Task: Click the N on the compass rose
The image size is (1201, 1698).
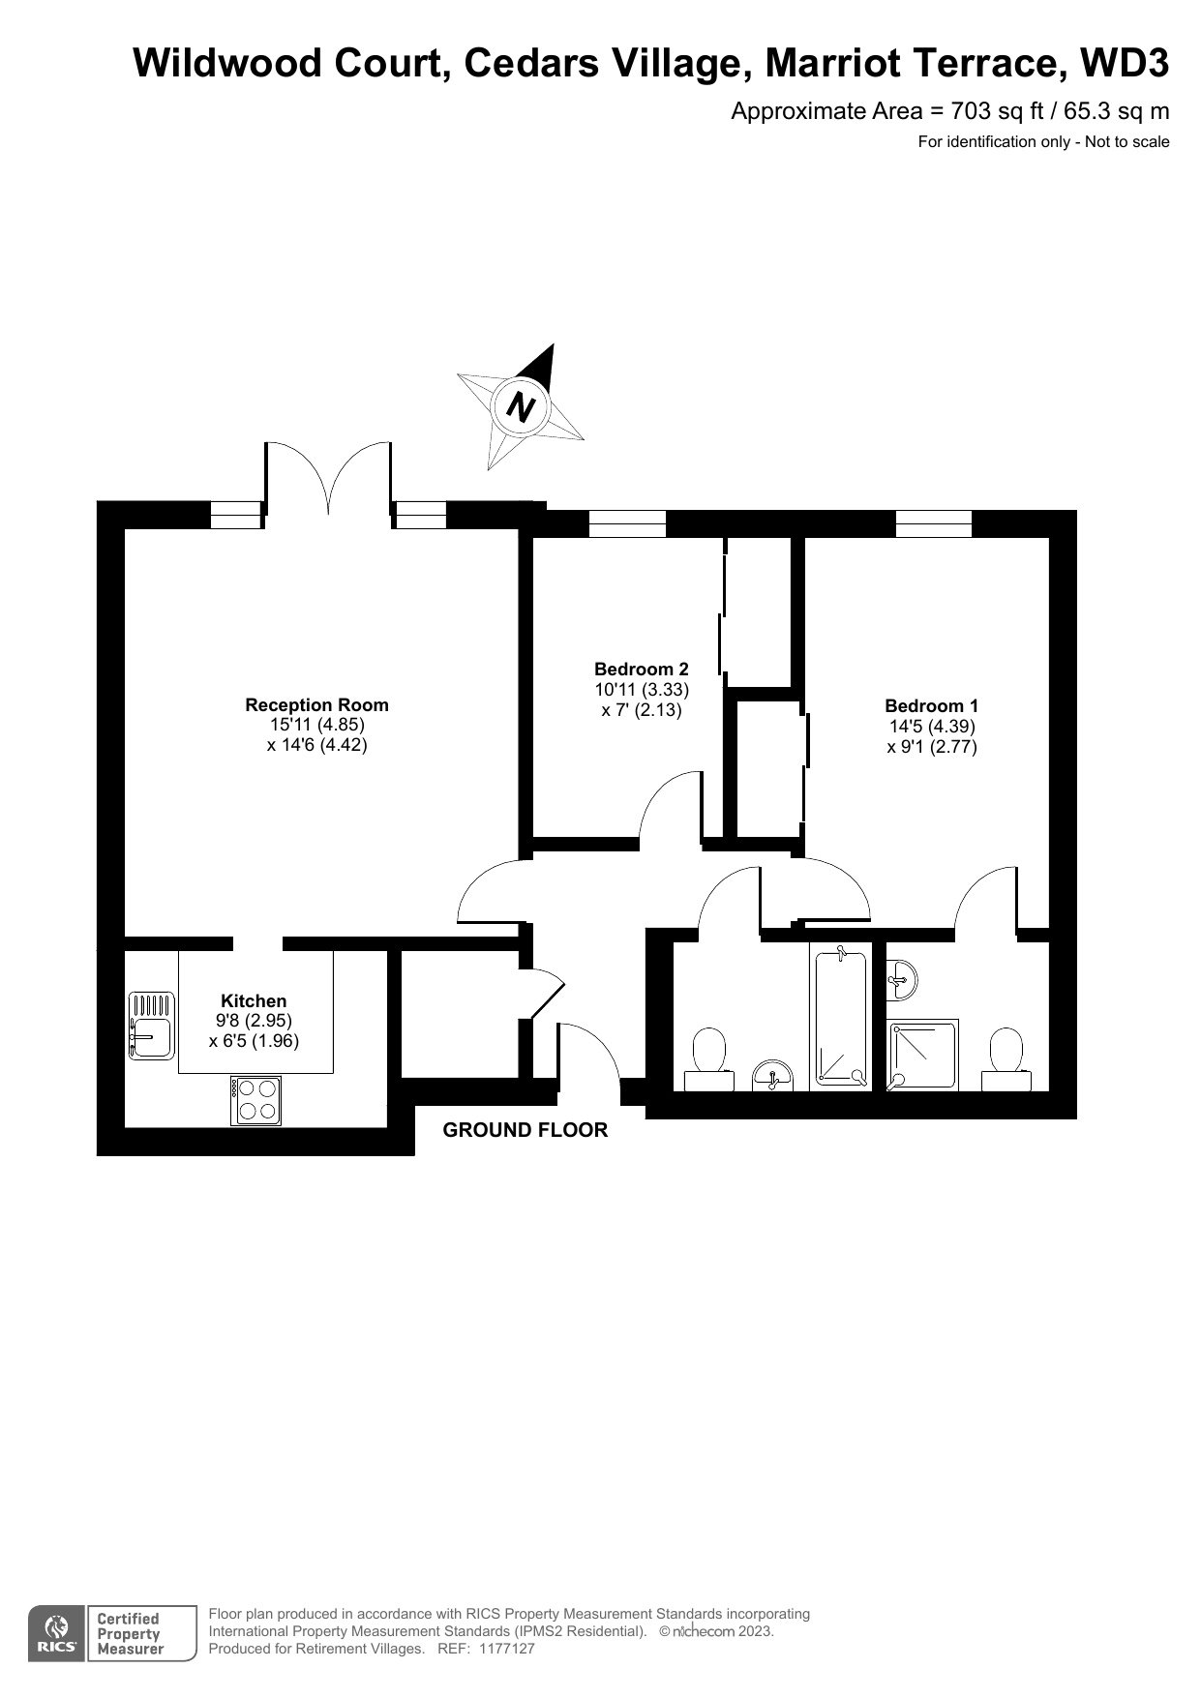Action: (x=522, y=406)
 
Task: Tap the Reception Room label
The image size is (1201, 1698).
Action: (x=316, y=705)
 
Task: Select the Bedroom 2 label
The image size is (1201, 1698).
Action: (x=642, y=669)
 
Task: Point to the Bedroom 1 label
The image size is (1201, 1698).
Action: (x=932, y=706)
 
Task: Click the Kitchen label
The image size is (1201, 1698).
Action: (x=254, y=1000)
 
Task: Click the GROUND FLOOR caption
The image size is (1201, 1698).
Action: (x=525, y=1130)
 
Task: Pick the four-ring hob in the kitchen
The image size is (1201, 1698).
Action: (x=255, y=1100)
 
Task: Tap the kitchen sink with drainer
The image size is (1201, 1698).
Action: (x=149, y=1025)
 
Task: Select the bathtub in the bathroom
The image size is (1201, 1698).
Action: (x=841, y=1017)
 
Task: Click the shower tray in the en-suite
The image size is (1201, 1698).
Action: (x=923, y=1055)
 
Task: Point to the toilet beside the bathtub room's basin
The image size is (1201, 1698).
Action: (x=709, y=1059)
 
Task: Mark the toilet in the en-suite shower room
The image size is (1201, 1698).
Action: (x=1006, y=1059)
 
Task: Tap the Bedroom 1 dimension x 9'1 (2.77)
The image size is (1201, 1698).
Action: (x=932, y=747)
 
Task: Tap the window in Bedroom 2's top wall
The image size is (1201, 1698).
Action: (x=627, y=523)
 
